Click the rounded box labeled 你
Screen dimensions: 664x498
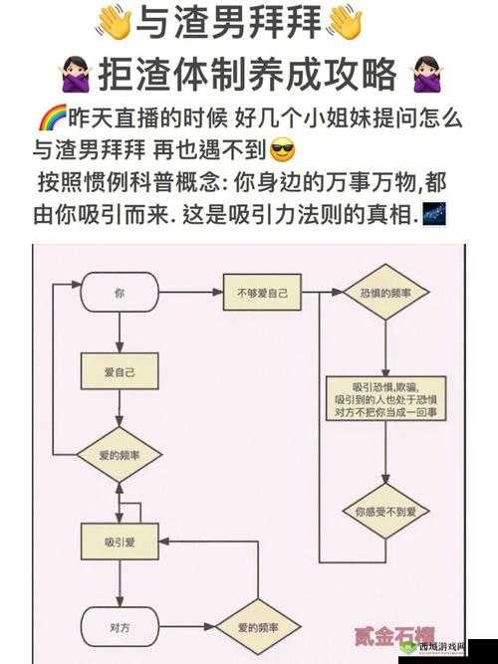[x=120, y=294]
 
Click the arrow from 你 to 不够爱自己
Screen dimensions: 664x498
[x=189, y=293]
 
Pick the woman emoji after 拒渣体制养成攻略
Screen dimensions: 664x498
[x=425, y=75]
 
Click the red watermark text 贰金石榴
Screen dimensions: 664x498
[x=393, y=635]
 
